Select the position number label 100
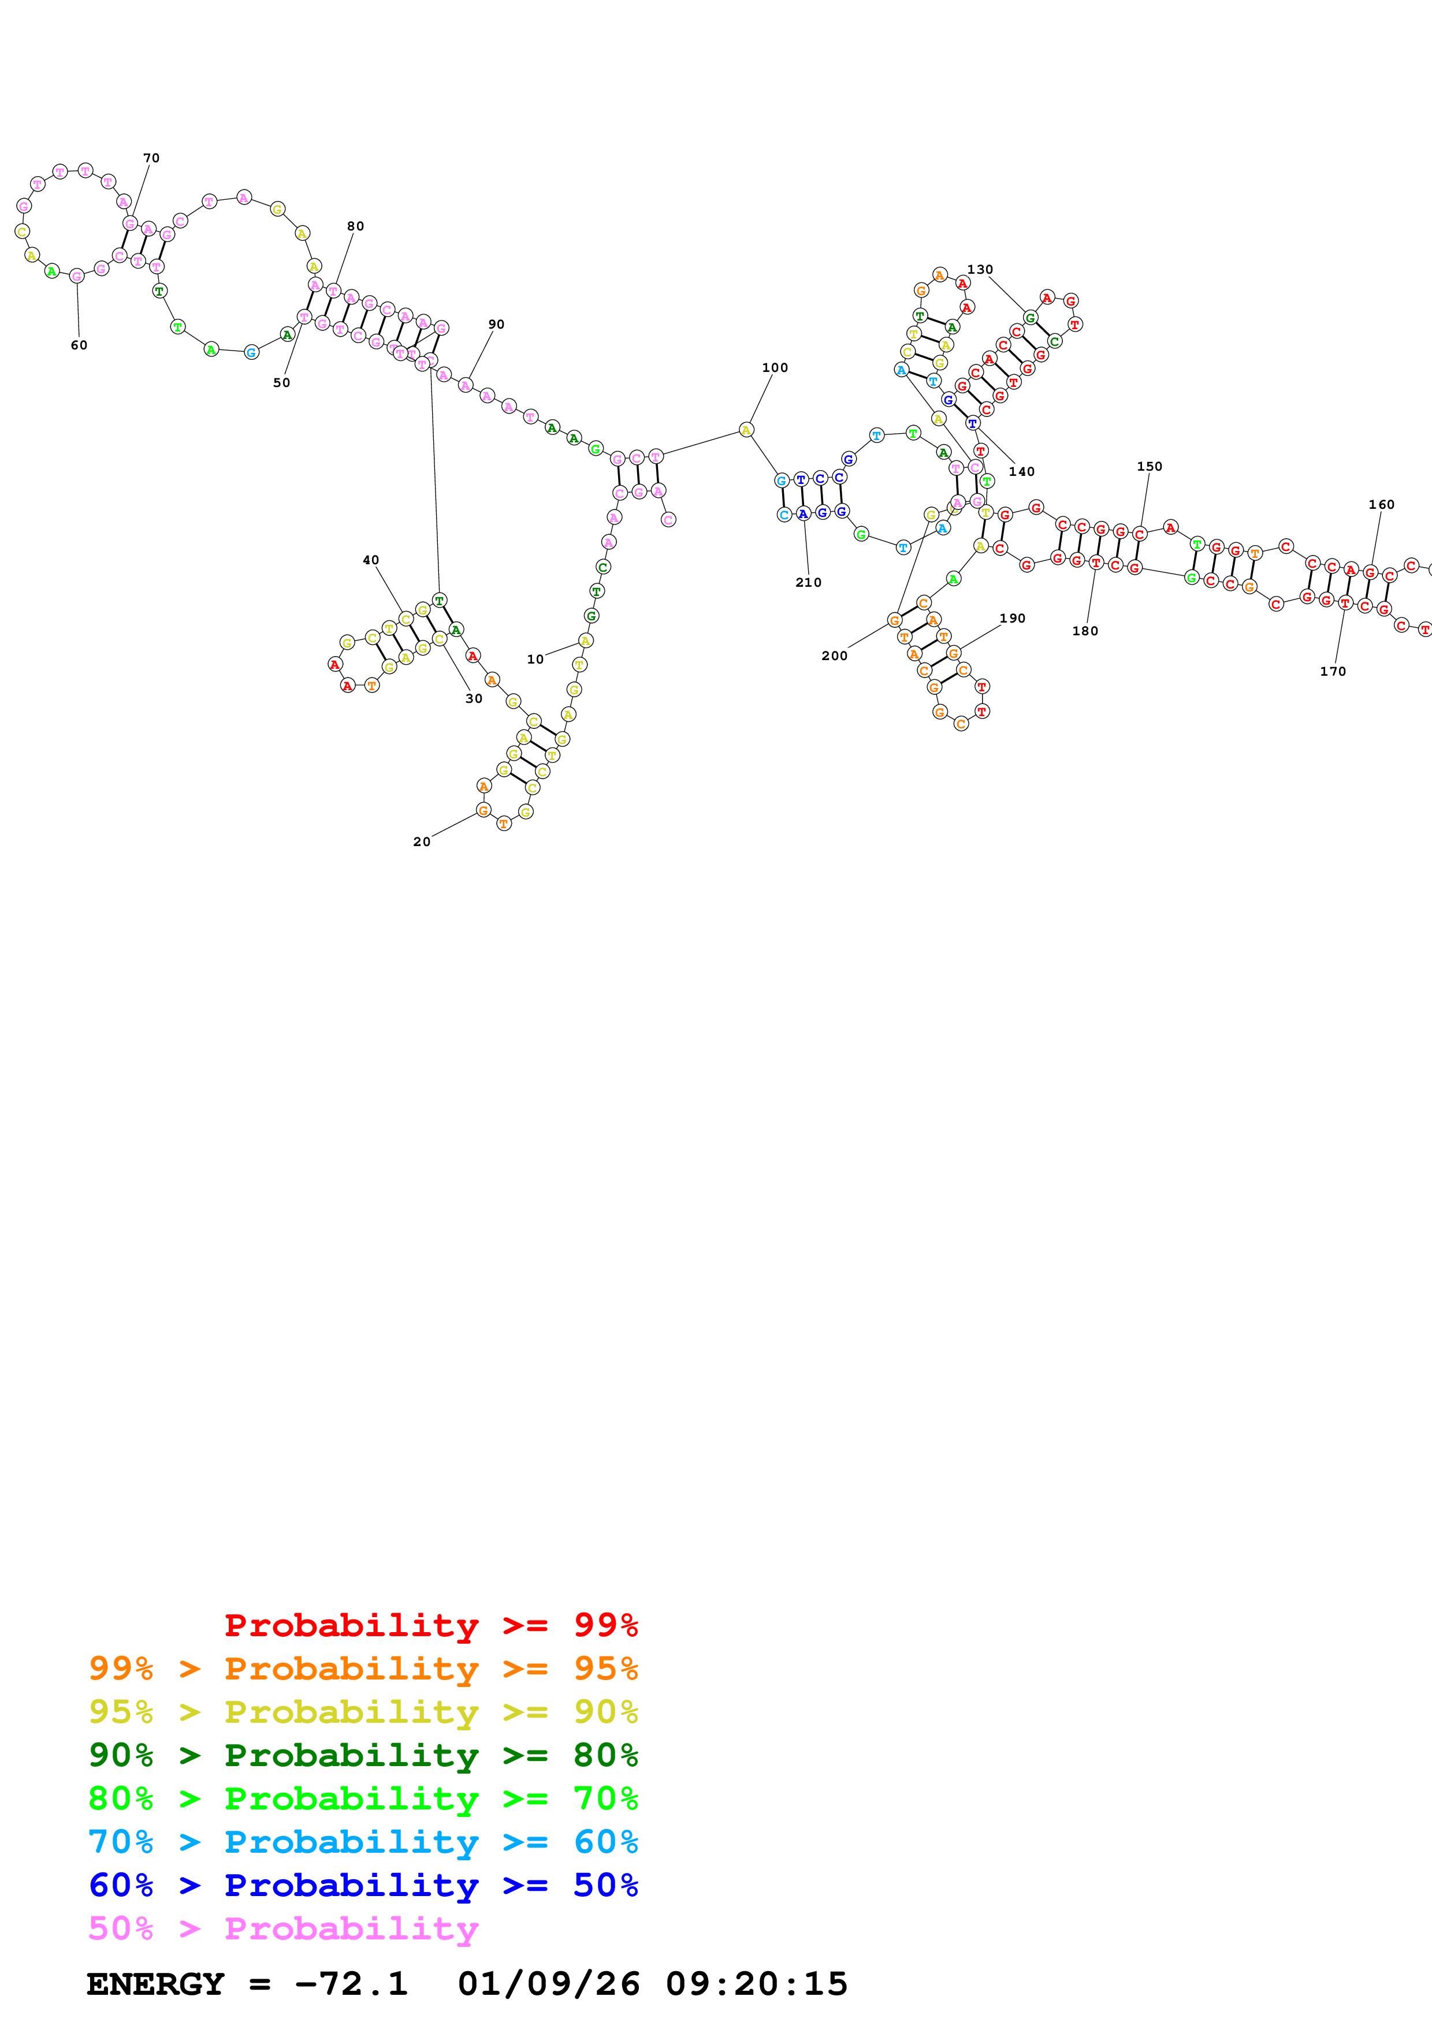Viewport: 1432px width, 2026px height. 775,368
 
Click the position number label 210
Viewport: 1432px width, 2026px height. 808,582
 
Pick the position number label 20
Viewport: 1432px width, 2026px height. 422,842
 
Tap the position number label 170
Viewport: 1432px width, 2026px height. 1332,672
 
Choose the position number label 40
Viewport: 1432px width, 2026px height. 371,560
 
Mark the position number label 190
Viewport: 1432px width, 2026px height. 1012,619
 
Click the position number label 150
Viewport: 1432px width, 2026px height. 1149,467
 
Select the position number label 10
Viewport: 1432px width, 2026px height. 535,659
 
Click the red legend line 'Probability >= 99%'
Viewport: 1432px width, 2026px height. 430,1625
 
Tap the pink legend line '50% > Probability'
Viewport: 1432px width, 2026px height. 283,1928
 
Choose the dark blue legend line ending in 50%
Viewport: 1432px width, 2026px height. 363,1885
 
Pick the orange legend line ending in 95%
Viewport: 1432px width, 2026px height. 363,1669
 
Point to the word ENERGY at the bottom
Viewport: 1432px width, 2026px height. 155,1984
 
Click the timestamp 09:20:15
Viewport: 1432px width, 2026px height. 756,1984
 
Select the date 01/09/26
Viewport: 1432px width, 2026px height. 548,1984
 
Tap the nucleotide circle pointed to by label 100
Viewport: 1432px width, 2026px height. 746,430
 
